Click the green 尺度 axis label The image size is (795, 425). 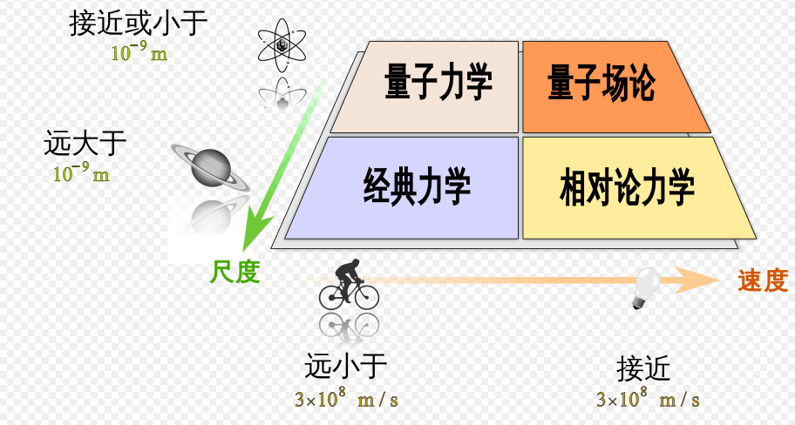tap(234, 273)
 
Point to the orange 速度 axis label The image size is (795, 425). tap(763, 280)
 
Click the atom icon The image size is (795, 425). tap(282, 45)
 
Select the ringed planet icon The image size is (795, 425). tap(210, 166)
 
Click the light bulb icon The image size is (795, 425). tap(647, 287)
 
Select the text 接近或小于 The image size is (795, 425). tap(139, 24)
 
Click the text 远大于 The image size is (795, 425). tap(85, 143)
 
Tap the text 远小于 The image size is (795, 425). tap(346, 367)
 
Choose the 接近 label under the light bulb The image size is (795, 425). tap(643, 369)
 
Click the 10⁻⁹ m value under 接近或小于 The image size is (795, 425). tap(139, 52)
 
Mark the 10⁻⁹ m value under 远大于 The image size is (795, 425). tap(82, 172)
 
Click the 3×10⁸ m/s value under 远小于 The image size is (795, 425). tap(346, 399)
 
